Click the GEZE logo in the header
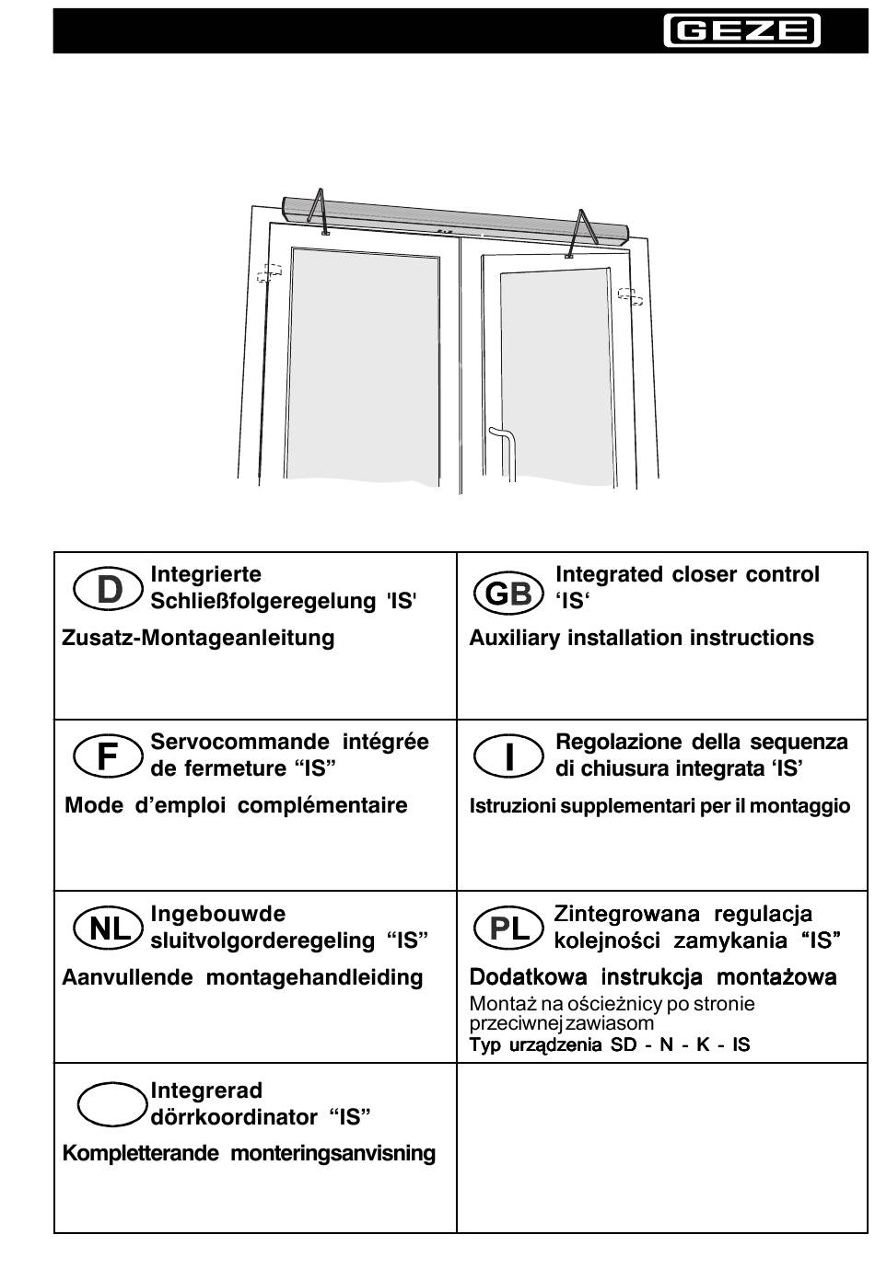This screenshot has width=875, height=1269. [x=741, y=31]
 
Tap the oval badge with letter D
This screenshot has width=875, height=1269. [x=108, y=589]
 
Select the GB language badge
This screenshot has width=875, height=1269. [x=508, y=594]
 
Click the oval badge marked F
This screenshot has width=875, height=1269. [x=108, y=756]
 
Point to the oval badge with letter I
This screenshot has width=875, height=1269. [x=508, y=756]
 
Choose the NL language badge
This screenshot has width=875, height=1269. [x=108, y=929]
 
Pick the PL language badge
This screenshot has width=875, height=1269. [x=508, y=929]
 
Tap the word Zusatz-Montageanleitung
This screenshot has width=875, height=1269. [x=198, y=638]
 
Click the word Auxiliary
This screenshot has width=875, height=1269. [x=514, y=638]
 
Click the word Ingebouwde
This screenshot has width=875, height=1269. [x=218, y=914]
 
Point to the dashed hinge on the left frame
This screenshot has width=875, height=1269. [x=268, y=274]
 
